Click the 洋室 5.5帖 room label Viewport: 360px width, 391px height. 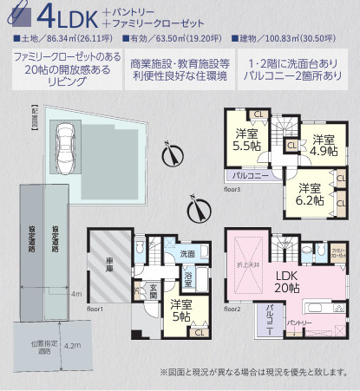point(245,140)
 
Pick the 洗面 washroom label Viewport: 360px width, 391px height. point(187,254)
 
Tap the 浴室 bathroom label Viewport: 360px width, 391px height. point(188,278)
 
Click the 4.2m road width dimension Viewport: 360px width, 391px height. point(73,344)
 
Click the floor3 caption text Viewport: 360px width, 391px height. point(232,187)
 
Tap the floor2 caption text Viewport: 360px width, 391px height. point(232,308)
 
